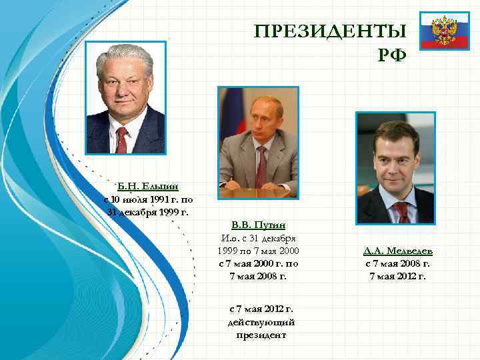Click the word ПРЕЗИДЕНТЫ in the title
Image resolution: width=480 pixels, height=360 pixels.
(330, 31)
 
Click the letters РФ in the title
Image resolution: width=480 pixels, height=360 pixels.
(391, 55)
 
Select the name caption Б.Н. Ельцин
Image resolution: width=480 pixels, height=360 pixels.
(148, 186)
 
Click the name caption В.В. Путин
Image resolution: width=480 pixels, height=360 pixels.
(258, 225)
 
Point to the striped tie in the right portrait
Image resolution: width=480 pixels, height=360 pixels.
(401, 211)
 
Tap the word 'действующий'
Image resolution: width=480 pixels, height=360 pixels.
(261, 322)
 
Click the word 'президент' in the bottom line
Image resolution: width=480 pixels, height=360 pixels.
(261, 335)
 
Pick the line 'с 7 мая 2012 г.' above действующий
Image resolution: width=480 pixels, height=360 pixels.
(261, 309)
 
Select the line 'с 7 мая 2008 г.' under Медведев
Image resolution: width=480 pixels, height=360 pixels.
(397, 264)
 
